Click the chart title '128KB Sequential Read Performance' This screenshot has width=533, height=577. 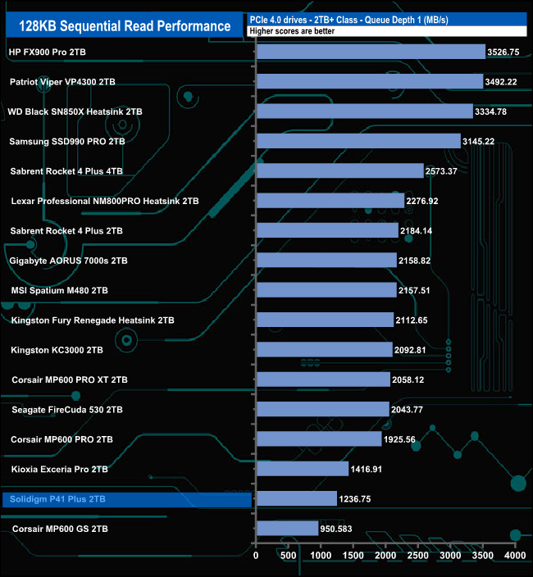point(119,26)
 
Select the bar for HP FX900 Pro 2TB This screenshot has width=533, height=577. point(371,52)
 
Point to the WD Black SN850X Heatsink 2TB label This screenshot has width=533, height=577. point(75,111)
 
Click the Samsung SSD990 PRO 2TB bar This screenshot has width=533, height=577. point(358,141)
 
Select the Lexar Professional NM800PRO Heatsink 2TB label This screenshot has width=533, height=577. point(105,201)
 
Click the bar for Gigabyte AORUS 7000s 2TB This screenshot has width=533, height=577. point(326,261)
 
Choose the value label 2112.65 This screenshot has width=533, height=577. point(417,320)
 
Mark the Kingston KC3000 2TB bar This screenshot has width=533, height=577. point(324,350)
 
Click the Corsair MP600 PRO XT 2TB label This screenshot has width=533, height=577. point(70,379)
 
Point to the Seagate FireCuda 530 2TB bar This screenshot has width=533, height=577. point(322,409)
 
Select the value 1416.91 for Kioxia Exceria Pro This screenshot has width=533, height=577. point(372,470)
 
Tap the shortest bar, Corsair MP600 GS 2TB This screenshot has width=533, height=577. point(287,529)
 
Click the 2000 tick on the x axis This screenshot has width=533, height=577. point(385,556)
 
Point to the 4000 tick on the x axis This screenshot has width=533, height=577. point(514,556)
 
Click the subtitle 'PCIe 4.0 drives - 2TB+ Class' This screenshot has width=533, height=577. point(312,19)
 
